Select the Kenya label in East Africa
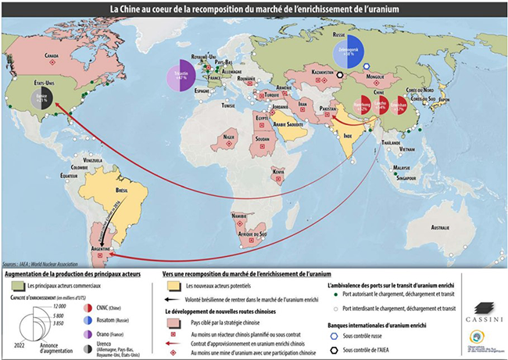tap(277, 169)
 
